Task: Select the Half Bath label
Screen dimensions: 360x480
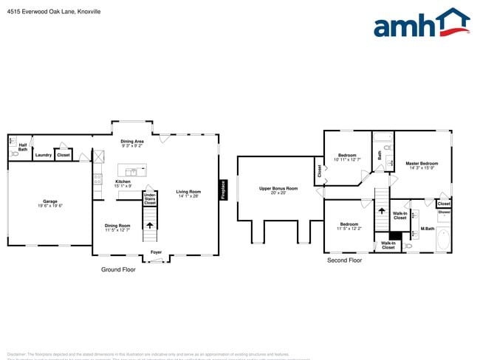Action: click(22, 148)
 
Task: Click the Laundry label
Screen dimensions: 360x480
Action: click(43, 155)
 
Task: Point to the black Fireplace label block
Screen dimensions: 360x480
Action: click(223, 190)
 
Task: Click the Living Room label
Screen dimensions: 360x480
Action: click(188, 194)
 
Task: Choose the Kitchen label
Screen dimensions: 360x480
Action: click(123, 184)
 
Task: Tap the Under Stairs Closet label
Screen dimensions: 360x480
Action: click(150, 199)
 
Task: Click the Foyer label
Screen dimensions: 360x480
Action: click(156, 252)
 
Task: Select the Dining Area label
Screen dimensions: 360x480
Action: click(132, 143)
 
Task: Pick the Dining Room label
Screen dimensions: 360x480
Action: click(117, 228)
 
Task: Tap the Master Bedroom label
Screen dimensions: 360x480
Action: click(422, 165)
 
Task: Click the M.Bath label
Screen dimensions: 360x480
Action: click(427, 228)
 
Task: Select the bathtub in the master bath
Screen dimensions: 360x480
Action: click(443, 239)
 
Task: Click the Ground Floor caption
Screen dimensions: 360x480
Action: click(118, 270)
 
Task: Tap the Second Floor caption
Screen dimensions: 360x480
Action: click(344, 260)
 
